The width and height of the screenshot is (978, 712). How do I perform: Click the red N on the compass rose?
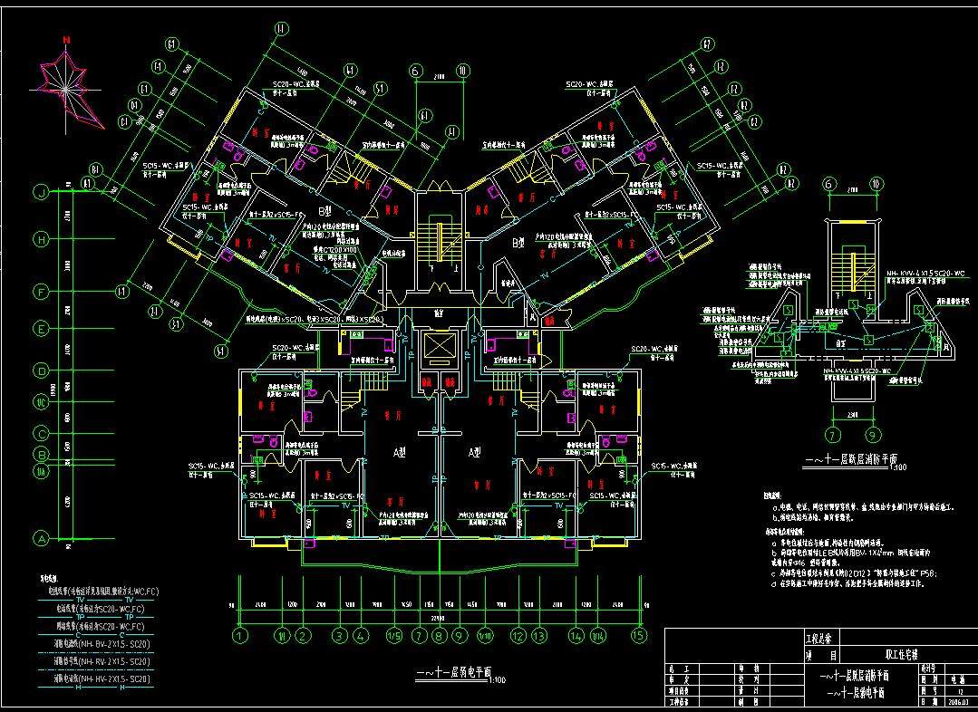(67, 40)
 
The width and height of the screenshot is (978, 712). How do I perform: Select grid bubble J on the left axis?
(41, 191)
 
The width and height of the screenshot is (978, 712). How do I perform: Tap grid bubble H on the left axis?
(41, 240)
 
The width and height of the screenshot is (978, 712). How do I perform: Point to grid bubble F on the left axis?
(41, 292)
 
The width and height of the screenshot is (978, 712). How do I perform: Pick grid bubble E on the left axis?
(41, 329)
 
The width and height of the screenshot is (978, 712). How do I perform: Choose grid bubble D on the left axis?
(41, 370)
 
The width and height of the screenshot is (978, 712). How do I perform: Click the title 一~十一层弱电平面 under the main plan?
(450, 674)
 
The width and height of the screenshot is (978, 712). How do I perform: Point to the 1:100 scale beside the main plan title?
(498, 680)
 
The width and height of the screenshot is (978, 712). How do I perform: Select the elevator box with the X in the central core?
(439, 348)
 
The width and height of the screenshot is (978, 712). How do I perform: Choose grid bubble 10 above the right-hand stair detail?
(874, 185)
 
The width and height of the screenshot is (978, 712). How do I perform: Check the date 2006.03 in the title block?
(957, 701)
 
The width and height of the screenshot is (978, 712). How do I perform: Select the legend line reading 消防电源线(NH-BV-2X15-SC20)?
(101, 644)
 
